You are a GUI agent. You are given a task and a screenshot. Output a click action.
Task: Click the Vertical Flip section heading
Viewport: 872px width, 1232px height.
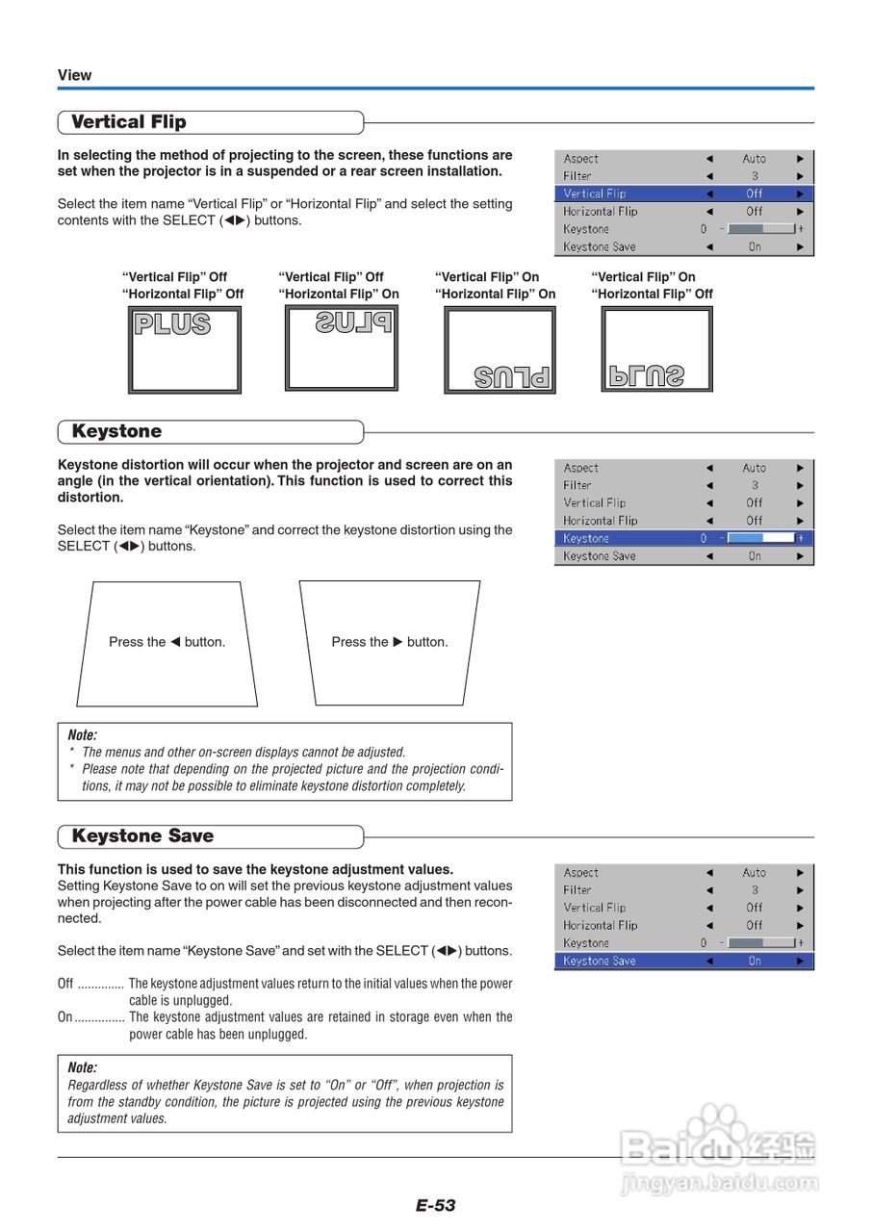(129, 122)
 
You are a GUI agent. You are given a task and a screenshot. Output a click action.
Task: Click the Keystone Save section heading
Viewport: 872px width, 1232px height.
(142, 836)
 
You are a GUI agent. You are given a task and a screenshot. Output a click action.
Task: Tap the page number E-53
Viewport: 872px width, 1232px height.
(435, 1205)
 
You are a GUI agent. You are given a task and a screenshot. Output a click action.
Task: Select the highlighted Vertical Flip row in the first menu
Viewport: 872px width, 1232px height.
(684, 193)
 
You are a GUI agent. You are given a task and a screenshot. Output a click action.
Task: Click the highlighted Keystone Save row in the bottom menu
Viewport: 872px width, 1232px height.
(684, 961)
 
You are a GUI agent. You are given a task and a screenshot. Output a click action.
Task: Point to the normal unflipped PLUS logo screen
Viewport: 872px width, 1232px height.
(185, 350)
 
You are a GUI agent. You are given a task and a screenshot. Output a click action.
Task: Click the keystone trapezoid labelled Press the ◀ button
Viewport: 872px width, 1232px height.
(167, 643)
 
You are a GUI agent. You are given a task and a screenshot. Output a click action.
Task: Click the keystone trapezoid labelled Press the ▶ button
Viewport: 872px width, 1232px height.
(390, 643)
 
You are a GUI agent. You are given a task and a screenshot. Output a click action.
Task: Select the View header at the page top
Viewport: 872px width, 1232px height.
(75, 75)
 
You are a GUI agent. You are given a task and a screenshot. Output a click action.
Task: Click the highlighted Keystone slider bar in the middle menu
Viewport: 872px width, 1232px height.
(760, 538)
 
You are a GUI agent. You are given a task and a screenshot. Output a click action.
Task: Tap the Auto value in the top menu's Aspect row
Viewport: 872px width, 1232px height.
(755, 159)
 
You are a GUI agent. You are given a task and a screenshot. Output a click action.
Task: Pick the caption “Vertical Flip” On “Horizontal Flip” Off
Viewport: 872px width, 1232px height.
(652, 286)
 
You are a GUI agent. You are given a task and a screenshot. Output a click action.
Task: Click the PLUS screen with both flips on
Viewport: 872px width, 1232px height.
(500, 350)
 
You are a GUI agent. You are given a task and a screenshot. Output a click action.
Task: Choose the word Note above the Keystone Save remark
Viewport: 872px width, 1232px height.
(83, 1067)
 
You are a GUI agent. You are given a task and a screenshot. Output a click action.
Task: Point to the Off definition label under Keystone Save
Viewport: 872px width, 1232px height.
(65, 984)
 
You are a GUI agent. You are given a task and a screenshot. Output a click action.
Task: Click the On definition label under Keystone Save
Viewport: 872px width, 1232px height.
(64, 1017)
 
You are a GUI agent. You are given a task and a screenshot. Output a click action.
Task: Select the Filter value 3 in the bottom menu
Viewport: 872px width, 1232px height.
(755, 890)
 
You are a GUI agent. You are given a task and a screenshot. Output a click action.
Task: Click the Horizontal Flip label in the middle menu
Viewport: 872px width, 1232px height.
(601, 521)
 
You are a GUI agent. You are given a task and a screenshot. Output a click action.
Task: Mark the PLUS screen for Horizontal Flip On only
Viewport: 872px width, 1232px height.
(342, 348)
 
